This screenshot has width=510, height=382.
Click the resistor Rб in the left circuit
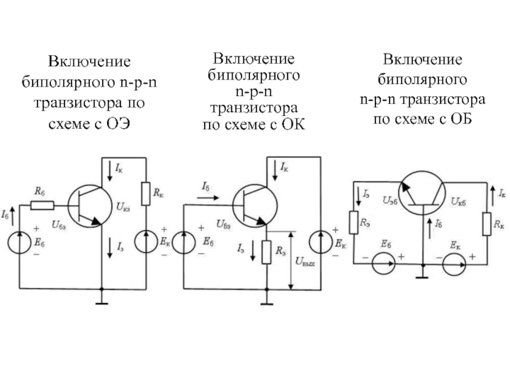tap(42, 205)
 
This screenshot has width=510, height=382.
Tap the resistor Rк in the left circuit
tap(146, 194)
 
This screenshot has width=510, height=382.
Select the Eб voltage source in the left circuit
tap(20, 242)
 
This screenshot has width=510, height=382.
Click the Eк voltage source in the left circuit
tap(146, 241)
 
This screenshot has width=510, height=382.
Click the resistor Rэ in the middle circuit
tap(266, 252)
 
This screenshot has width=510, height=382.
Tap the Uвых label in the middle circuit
tap(305, 262)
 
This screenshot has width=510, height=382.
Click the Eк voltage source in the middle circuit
tap(321, 242)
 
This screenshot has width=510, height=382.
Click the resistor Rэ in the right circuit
tap(354, 222)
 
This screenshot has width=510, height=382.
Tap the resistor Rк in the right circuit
tap(486, 224)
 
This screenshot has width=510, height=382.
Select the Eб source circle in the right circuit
tap(384, 264)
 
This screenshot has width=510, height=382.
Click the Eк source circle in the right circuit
tap(454, 264)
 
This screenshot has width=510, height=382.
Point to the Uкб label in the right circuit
tap(458, 201)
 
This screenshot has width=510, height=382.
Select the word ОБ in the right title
tap(461, 119)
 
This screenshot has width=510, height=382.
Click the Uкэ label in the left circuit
tap(122, 206)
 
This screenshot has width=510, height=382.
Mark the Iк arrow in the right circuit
tap(493, 195)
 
